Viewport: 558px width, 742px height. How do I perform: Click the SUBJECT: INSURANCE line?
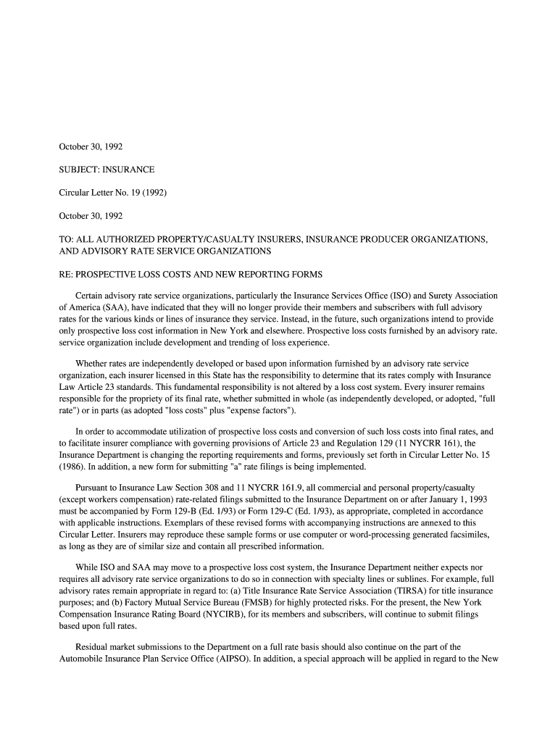(107, 170)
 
